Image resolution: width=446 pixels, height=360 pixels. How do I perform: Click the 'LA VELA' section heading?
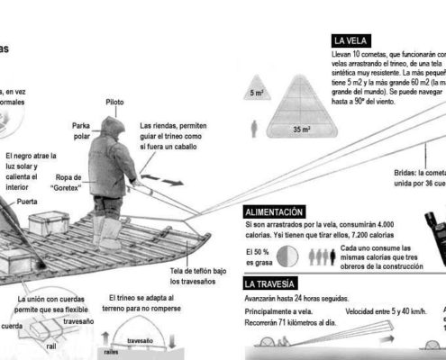pyautogui.click(x=350, y=40)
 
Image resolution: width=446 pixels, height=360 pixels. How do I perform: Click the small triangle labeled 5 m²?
pyautogui.click(x=258, y=88)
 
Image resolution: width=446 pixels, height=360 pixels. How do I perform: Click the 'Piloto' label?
pyautogui.click(x=114, y=103)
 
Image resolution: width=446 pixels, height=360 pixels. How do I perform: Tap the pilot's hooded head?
pyautogui.click(x=114, y=129)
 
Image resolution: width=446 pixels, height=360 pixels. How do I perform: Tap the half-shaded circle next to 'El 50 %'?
pyautogui.click(x=287, y=256)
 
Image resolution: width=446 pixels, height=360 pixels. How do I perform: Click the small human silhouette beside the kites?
pyautogui.click(x=256, y=127)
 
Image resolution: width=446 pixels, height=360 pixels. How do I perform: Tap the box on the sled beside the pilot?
pyautogui.click(x=50, y=223)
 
